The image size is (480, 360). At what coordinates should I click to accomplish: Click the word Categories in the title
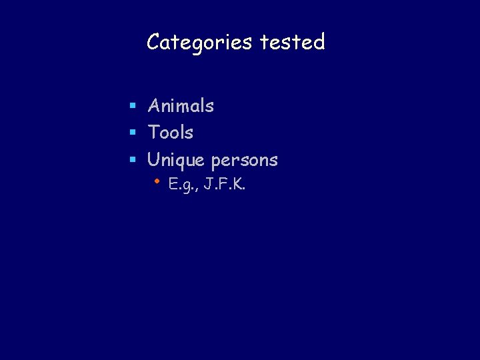(x=199, y=43)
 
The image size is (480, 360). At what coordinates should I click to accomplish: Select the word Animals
(x=181, y=105)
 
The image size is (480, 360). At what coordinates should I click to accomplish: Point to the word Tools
(x=171, y=133)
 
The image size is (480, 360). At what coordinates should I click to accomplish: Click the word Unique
(x=177, y=160)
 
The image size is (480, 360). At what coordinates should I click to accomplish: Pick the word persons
(x=244, y=161)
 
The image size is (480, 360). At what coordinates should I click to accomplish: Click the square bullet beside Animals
(x=133, y=106)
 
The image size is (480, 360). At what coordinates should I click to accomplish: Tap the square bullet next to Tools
(x=133, y=133)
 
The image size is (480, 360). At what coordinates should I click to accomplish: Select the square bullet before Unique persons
(x=133, y=161)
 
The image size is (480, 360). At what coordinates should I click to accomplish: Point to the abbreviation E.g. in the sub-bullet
(x=181, y=185)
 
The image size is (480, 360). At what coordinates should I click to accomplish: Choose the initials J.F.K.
(x=225, y=184)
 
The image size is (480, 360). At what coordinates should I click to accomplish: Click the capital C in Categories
(x=153, y=43)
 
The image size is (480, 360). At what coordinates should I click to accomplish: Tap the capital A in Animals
(x=154, y=105)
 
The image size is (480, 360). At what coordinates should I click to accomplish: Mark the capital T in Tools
(x=153, y=133)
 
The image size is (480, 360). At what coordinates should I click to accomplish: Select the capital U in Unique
(x=154, y=160)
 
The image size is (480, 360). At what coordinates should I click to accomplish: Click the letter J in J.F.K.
(x=208, y=184)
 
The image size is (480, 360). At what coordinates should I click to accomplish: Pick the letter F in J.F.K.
(x=223, y=184)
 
